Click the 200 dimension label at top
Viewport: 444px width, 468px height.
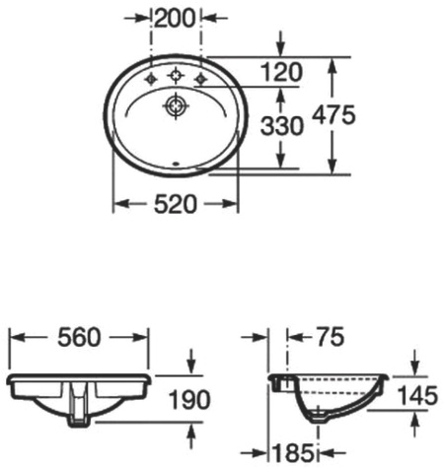point(176,16)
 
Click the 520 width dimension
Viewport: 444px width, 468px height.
point(177,204)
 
